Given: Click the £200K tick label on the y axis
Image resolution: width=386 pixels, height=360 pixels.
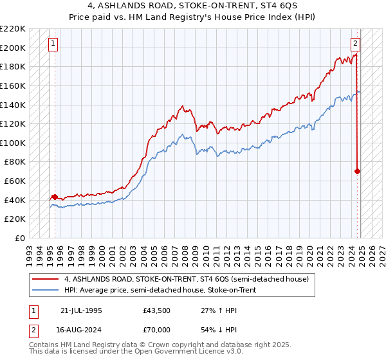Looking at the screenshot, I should point(14,48).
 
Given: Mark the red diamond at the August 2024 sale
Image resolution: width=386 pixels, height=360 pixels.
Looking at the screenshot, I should point(357,171).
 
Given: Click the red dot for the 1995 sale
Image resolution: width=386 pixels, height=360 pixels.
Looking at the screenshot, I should point(55,197).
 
